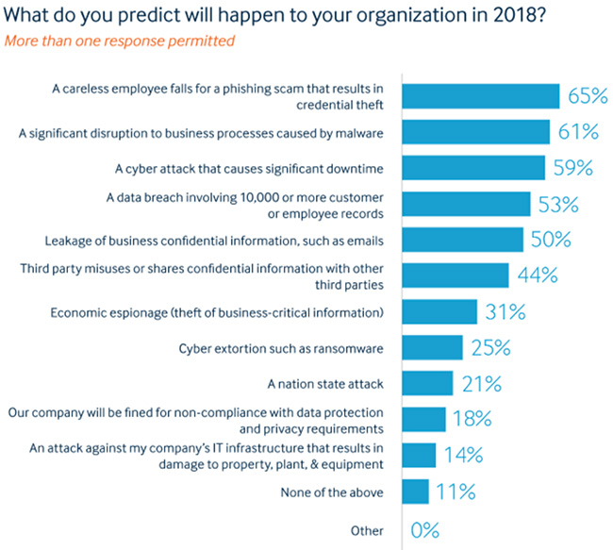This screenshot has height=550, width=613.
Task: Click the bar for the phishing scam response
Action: point(481,96)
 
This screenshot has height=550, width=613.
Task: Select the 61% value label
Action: point(578,133)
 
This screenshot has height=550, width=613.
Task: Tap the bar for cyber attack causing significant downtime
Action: point(474,168)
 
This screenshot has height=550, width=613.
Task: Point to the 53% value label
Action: point(558,205)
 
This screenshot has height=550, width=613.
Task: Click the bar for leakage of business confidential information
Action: point(463,240)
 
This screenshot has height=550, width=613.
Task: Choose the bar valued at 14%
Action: point(420,456)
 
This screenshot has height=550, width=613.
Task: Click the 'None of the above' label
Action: point(333,492)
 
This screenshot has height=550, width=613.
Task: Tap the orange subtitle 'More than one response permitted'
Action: point(120,42)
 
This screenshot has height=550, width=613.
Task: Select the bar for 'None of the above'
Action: point(416,492)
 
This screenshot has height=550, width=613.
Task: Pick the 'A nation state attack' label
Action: point(325,384)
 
